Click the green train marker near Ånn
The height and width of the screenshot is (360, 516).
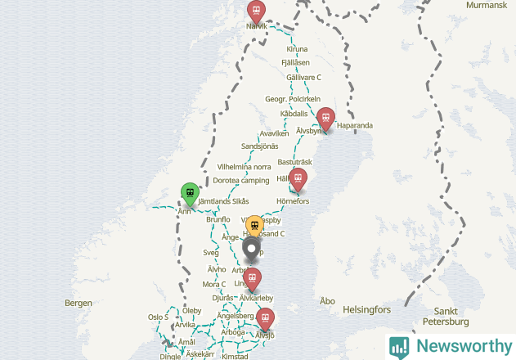pos(190,194)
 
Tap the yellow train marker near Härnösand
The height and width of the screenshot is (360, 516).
pos(254,225)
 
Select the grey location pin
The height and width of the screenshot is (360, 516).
pos(252,247)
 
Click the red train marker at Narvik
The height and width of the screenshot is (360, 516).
pos(257,11)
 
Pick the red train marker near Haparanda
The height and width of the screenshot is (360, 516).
pos(325,118)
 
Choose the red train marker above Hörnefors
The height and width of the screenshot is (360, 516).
pos(298,178)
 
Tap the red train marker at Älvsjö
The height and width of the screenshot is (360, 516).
pos(265,317)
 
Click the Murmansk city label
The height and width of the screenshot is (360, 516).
pos(487,5)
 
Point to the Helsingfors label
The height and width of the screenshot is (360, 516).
pos(367,310)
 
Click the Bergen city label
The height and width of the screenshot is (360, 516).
pos(79,303)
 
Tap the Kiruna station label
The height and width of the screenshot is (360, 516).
pos(297,49)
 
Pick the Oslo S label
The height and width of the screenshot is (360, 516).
pos(158,317)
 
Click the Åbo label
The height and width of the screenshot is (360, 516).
pos(328,301)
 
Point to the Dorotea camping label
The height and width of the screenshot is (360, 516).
pos(241,180)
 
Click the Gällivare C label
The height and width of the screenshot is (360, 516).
pos(303,77)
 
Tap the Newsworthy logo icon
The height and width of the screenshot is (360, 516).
pos(400,347)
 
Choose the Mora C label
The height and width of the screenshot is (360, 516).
pos(213,284)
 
